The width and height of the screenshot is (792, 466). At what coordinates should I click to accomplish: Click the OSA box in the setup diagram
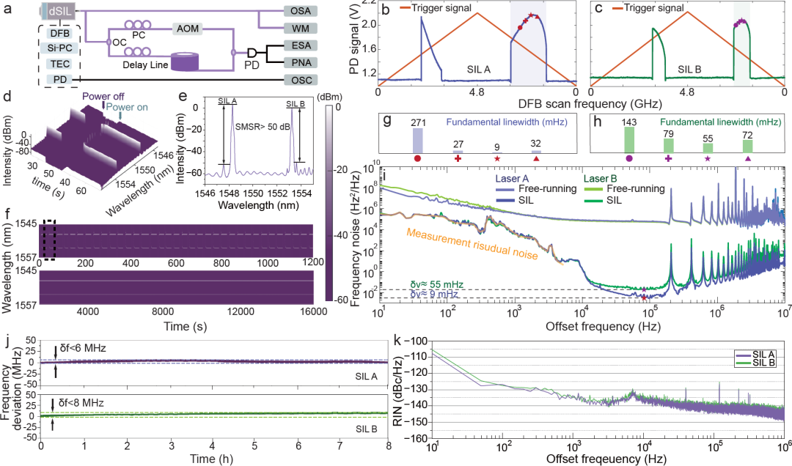(301, 12)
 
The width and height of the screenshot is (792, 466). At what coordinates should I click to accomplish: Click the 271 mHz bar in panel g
(417, 140)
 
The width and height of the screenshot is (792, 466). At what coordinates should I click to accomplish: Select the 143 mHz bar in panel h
(628, 139)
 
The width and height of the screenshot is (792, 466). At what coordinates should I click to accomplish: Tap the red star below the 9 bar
(497, 158)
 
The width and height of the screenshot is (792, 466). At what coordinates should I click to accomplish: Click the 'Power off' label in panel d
(103, 96)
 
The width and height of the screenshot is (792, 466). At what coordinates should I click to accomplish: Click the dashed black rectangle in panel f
(49, 240)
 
